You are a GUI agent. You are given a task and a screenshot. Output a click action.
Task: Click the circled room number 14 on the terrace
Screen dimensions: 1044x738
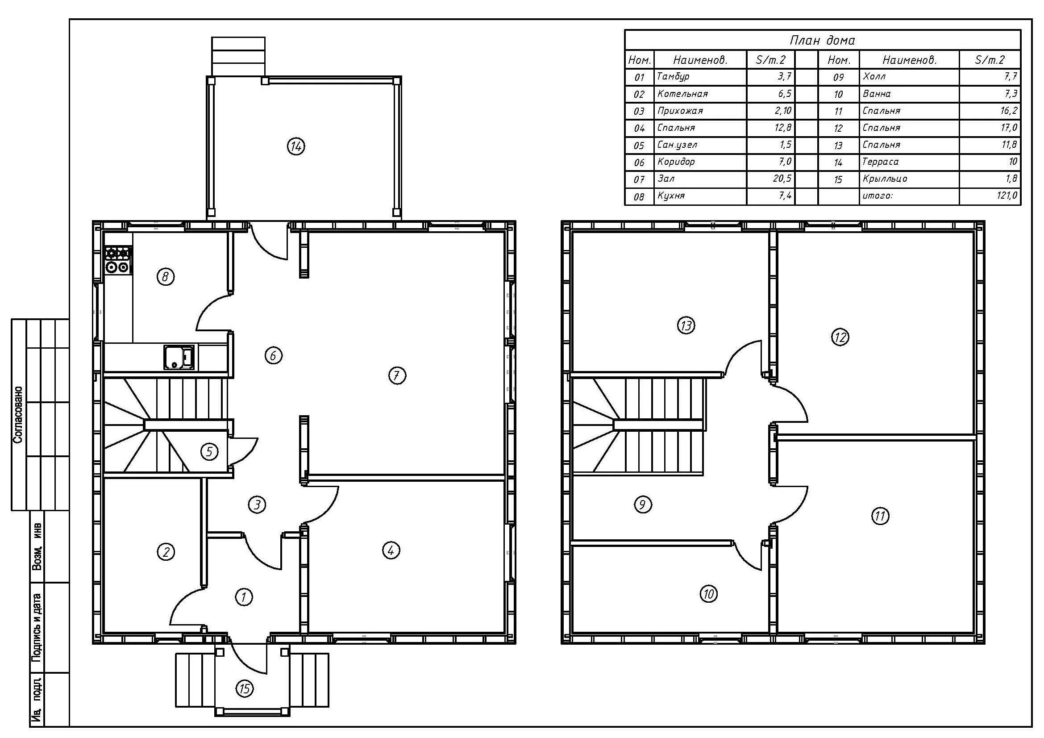coord(296,146)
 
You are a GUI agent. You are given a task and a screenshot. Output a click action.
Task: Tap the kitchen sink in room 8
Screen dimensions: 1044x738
coord(179,357)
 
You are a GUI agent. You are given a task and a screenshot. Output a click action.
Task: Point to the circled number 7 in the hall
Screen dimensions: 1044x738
coord(397,375)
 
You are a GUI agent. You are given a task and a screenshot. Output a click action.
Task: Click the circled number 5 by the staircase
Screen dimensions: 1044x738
coord(209,451)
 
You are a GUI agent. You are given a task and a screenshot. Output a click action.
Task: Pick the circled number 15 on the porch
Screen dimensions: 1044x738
coord(245,689)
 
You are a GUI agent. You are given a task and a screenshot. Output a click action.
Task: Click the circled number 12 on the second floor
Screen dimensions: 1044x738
coord(840,337)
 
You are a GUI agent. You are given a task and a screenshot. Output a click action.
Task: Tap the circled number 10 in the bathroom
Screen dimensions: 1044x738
coord(708,594)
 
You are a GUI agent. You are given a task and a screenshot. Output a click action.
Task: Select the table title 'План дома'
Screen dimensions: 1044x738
coord(822,41)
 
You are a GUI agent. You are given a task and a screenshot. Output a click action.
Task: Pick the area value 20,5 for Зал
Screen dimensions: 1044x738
coord(782,178)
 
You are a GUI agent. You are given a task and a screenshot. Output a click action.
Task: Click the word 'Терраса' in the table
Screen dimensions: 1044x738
coord(880,162)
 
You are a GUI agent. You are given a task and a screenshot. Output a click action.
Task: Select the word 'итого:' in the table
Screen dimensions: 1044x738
coord(878,196)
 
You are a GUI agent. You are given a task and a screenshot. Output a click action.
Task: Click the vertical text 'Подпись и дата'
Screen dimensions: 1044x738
coord(37,633)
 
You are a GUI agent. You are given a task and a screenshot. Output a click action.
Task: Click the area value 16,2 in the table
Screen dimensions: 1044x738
coord(1009,110)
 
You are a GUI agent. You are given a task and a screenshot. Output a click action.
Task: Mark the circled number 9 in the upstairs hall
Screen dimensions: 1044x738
coord(642,504)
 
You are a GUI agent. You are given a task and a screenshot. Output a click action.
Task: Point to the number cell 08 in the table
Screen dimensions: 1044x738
coord(639,197)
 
